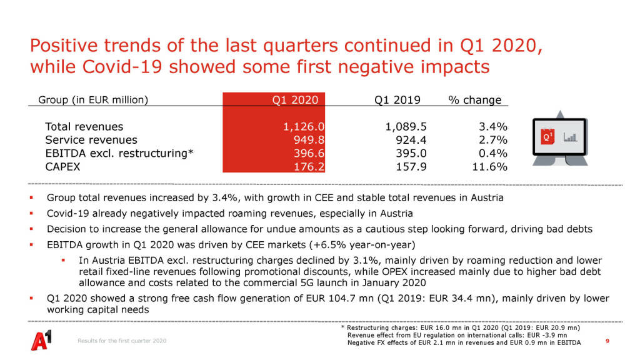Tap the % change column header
click(475, 100)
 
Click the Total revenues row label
click(84, 127)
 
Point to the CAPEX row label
click(63, 167)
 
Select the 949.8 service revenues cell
click(309, 140)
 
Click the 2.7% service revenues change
click(492, 140)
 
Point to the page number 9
click(608, 341)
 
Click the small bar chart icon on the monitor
click(569, 136)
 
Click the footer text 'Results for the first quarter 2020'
click(122, 341)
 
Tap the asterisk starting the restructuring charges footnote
click(343, 327)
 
